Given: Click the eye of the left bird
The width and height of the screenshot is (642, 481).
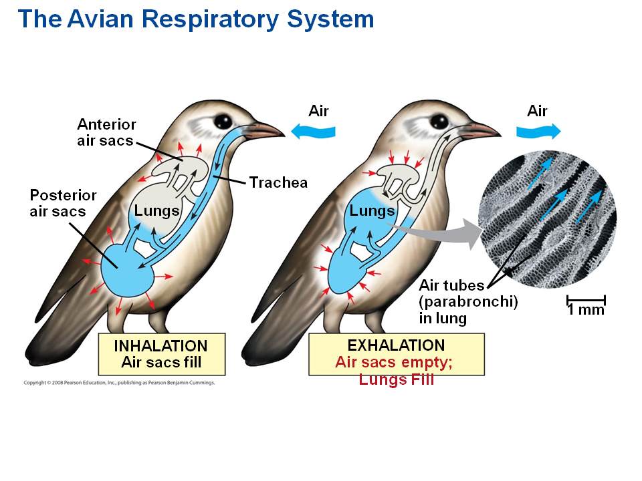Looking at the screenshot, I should point(223,122).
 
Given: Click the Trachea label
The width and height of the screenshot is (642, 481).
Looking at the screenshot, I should point(278,182).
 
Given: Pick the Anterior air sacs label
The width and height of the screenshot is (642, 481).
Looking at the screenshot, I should point(106,132).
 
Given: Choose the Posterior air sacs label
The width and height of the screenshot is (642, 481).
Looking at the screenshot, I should point(64,203).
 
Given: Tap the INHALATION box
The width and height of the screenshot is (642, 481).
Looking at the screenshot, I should point(161,354).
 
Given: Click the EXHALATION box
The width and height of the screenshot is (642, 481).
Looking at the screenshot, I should point(396,354).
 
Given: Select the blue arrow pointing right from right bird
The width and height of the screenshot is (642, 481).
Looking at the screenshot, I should point(537,131).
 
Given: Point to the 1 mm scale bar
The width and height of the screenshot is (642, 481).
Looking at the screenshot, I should point(586,302).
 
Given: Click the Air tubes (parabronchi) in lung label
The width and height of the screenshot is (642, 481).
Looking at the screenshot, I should point(468,302).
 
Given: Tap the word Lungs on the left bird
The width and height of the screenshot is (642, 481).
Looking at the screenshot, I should point(156,211).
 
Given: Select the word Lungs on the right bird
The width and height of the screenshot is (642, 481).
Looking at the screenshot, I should point(372,211).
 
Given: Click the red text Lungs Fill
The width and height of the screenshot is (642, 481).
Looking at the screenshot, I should point(396,379).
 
